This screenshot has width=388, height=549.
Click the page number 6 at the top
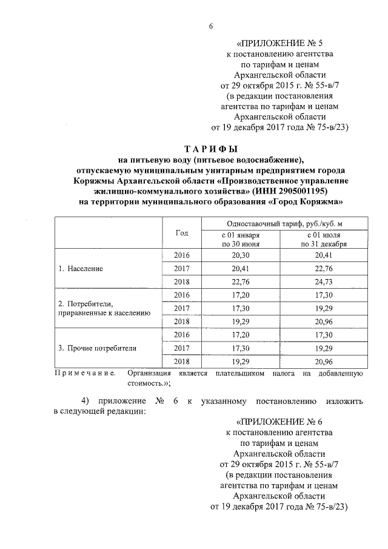pyautogui.click(x=210, y=25)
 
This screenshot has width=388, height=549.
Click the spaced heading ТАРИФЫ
pyautogui.click(x=210, y=149)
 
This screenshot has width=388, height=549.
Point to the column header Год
pyautogui.click(x=182, y=233)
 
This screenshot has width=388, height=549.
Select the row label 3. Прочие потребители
pyautogui.click(x=97, y=348)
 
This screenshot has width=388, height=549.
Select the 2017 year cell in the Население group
pyautogui.click(x=182, y=268)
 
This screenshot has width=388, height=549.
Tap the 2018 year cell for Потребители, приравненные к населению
pyautogui.click(x=182, y=322)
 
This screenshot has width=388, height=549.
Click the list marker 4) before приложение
pyautogui.click(x=87, y=401)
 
